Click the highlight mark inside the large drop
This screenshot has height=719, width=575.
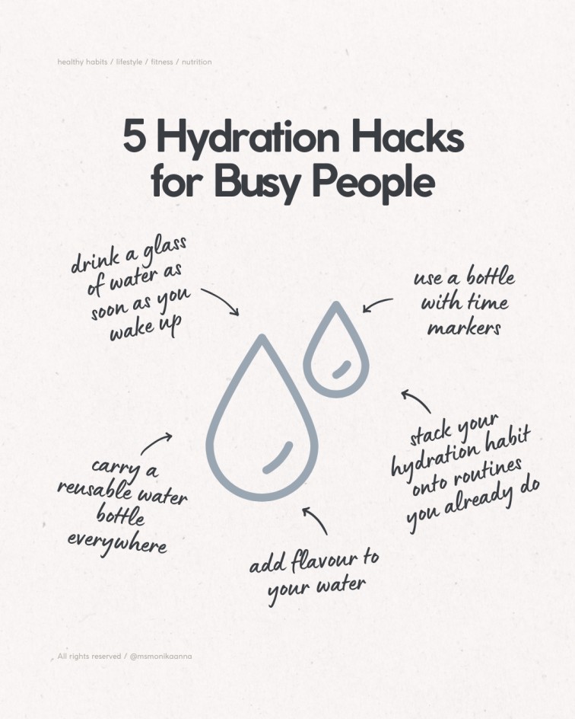(278, 457)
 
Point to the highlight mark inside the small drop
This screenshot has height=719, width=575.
(342, 369)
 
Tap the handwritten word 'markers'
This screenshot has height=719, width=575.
(464, 328)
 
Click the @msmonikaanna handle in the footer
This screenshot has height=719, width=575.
(161, 657)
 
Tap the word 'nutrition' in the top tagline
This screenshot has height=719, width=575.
(197, 62)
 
